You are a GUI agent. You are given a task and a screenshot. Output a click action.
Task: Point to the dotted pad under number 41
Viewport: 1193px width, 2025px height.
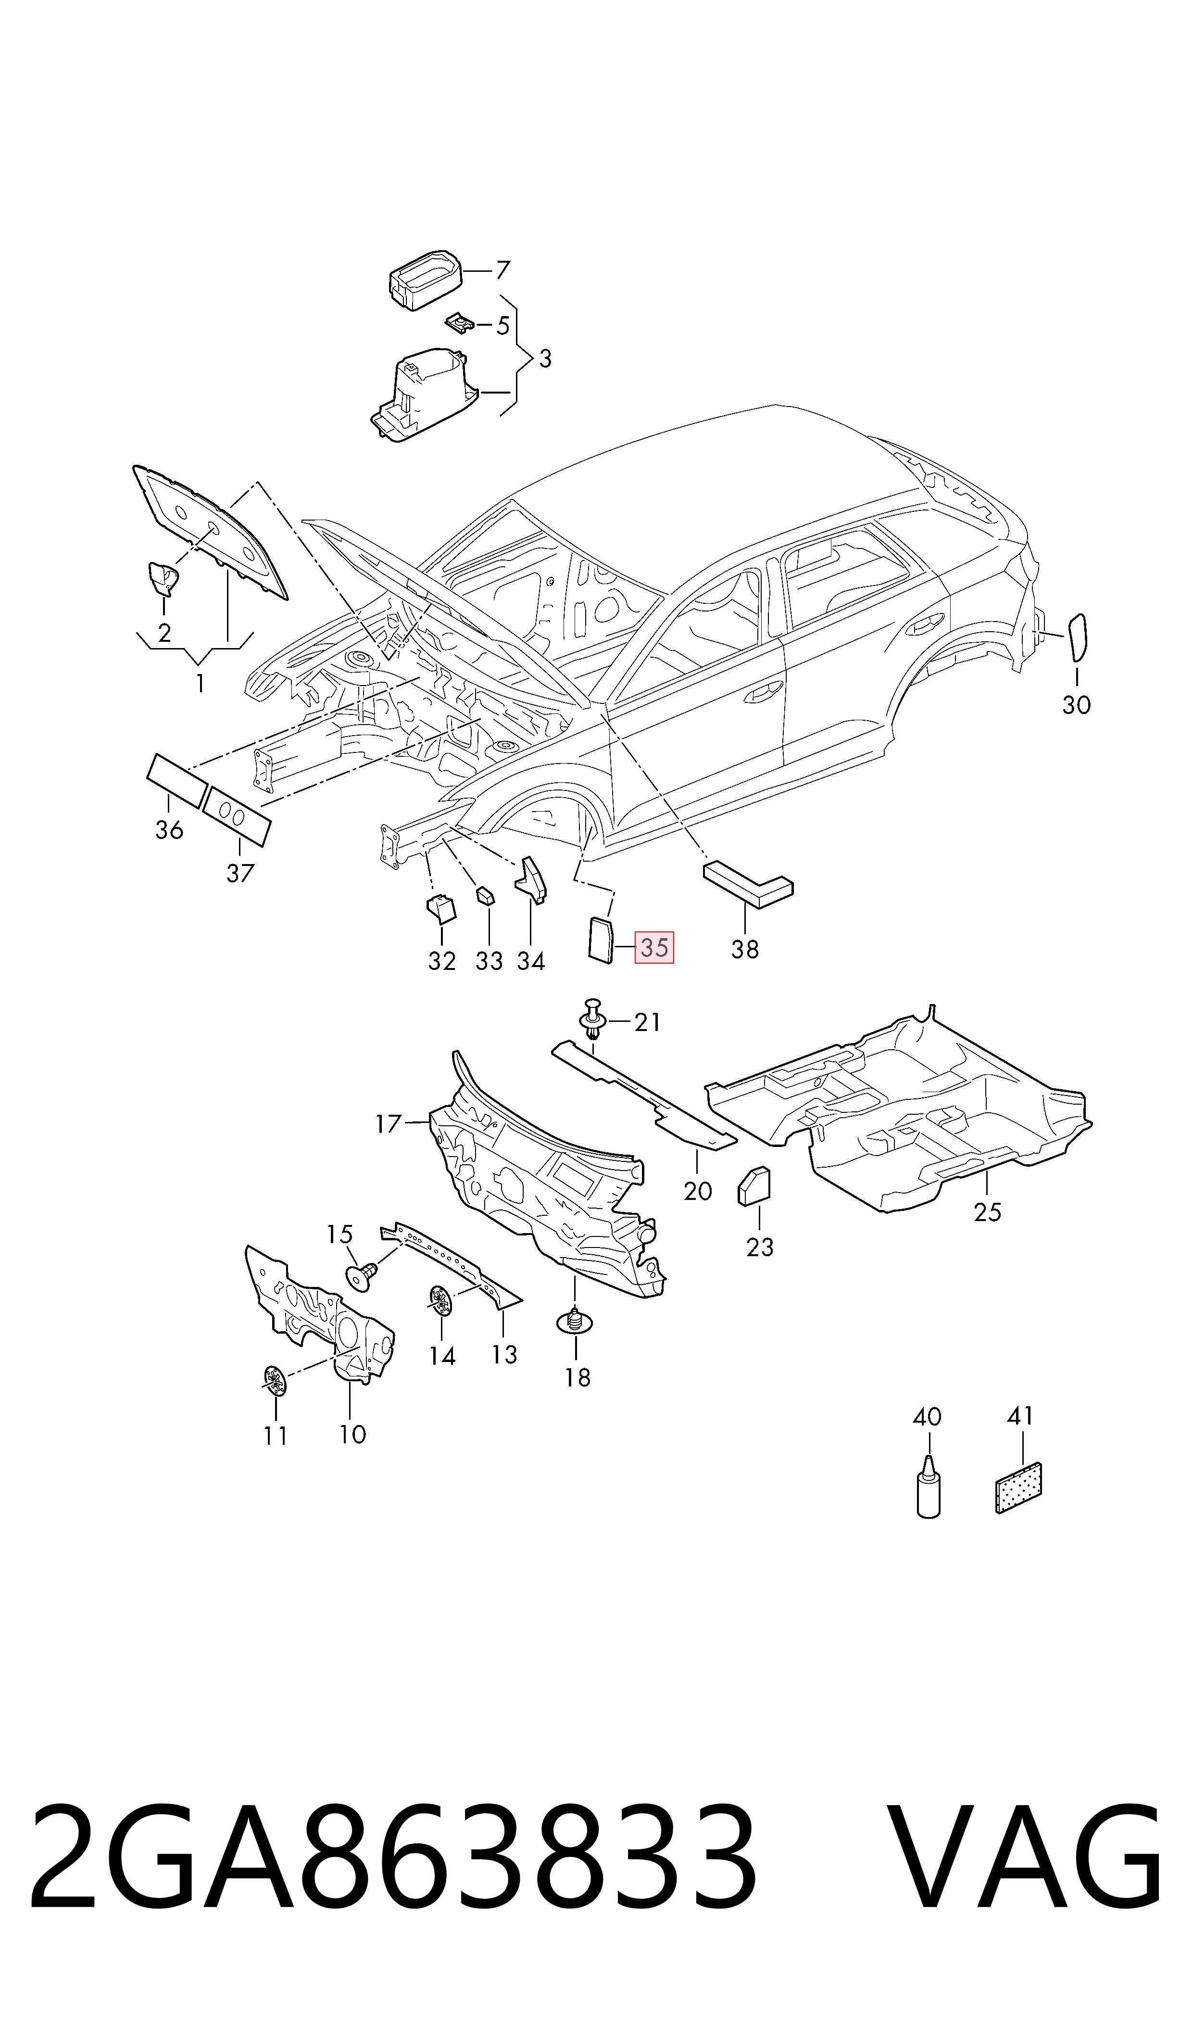1018,1488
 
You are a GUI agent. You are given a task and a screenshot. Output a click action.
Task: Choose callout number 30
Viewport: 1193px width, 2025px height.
1077,705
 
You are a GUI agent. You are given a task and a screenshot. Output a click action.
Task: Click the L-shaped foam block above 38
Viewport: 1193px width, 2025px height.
748,884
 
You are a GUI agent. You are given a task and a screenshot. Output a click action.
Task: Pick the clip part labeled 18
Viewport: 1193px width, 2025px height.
575,1321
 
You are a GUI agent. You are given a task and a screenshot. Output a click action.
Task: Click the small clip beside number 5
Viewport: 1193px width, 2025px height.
459,323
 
